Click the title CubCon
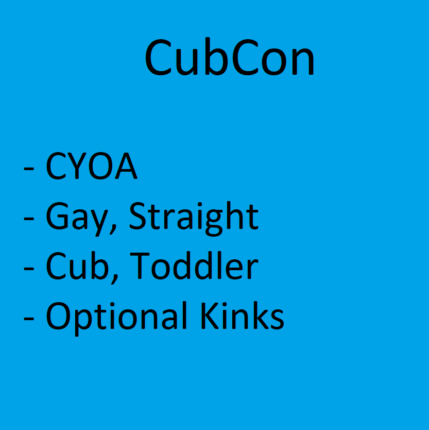[230, 57]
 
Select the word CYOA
[92, 166]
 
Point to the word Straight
[194, 219]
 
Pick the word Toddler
[194, 265]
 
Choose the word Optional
[116, 318]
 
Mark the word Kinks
[243, 316]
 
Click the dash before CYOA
[29, 168]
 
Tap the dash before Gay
[29, 219]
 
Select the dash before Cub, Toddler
[29, 269]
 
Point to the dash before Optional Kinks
[29, 319]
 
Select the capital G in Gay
[57, 216]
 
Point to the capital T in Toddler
[140, 266]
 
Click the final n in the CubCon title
[303, 61]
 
